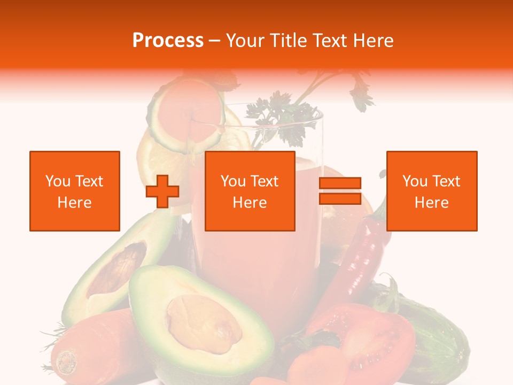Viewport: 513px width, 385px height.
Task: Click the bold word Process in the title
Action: click(168, 41)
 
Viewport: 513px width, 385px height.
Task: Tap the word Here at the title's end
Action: click(374, 41)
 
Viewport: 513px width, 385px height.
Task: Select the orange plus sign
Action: click(162, 191)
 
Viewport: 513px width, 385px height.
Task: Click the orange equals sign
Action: click(340, 191)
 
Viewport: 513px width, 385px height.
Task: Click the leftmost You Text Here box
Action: click(75, 191)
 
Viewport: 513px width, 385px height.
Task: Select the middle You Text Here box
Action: click(250, 191)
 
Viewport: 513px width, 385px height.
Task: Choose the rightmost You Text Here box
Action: click(431, 191)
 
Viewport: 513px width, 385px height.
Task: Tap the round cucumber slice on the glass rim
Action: click(187, 115)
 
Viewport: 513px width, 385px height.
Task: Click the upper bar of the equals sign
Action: click(340, 183)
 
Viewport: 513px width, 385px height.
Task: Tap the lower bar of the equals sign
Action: click(340, 198)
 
